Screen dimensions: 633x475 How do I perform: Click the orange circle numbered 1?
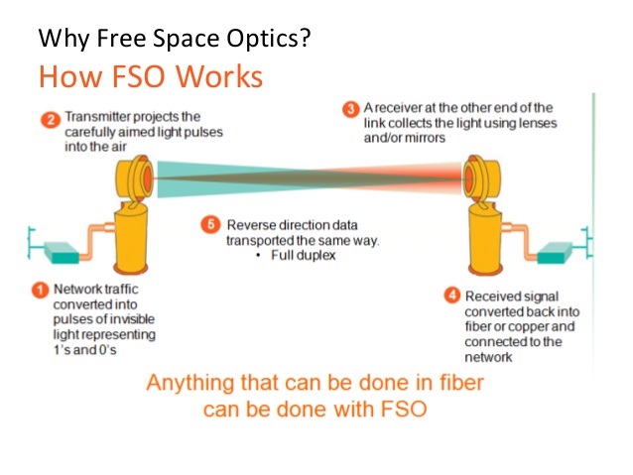[41, 291]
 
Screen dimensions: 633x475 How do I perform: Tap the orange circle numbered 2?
[51, 120]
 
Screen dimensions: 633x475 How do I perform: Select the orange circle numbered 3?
[351, 109]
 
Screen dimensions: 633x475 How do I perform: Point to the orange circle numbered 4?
[452, 296]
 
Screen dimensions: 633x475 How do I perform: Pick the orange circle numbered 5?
[210, 224]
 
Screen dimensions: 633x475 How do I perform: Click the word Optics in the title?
[269, 39]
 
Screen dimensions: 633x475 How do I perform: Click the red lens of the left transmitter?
[147, 178]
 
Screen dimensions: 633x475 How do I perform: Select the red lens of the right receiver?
[468, 178]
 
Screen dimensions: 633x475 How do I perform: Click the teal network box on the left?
[62, 252]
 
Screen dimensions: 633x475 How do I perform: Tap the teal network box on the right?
[556, 252]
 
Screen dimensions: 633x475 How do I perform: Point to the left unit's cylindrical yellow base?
[130, 242]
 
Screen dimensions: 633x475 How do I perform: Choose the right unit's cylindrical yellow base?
[485, 242]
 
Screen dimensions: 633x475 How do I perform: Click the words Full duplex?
[304, 256]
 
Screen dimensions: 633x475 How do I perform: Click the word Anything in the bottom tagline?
[190, 383]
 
